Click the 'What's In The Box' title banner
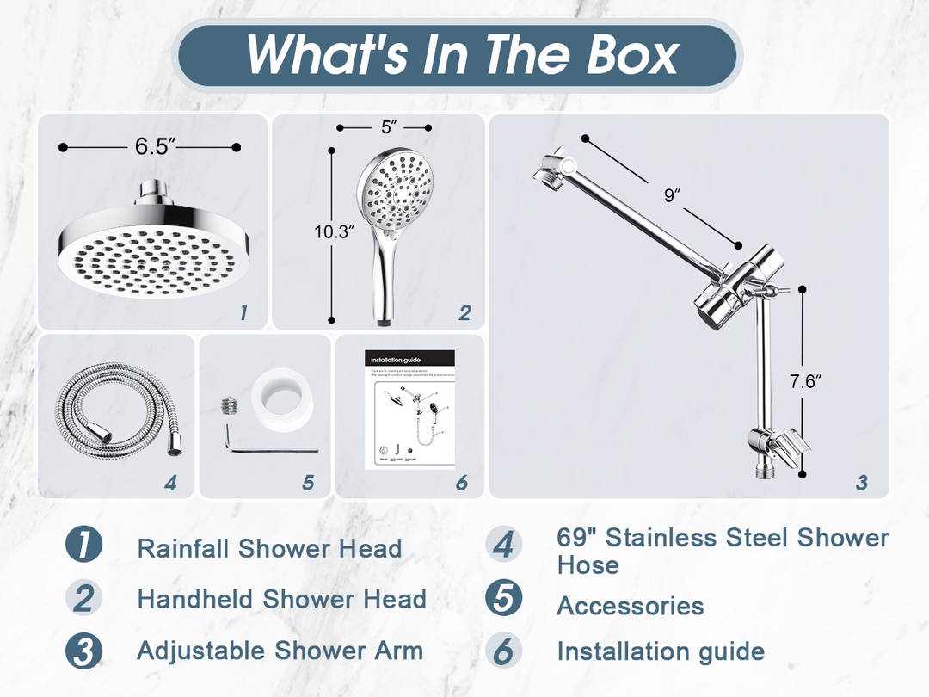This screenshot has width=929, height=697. tap(462, 55)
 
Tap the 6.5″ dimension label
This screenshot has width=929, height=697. tap(155, 146)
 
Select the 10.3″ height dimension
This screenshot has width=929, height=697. tap(334, 231)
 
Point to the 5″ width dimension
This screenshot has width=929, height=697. tap(388, 127)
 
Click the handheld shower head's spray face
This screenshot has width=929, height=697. tap(397, 189)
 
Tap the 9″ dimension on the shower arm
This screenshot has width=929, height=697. tap(672, 195)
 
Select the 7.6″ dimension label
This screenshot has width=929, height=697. tap(805, 381)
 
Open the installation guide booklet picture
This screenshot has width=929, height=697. tap(411, 410)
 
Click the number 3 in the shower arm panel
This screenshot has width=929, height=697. tap(861, 483)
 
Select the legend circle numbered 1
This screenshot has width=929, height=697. tap(83, 547)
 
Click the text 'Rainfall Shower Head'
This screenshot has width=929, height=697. tap(269, 549)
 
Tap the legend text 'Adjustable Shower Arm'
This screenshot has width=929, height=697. tap(280, 651)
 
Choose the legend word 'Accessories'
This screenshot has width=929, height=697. tap(630, 606)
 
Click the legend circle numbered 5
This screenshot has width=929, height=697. tap(503, 599)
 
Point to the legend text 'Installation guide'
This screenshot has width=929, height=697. tap(660, 651)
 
